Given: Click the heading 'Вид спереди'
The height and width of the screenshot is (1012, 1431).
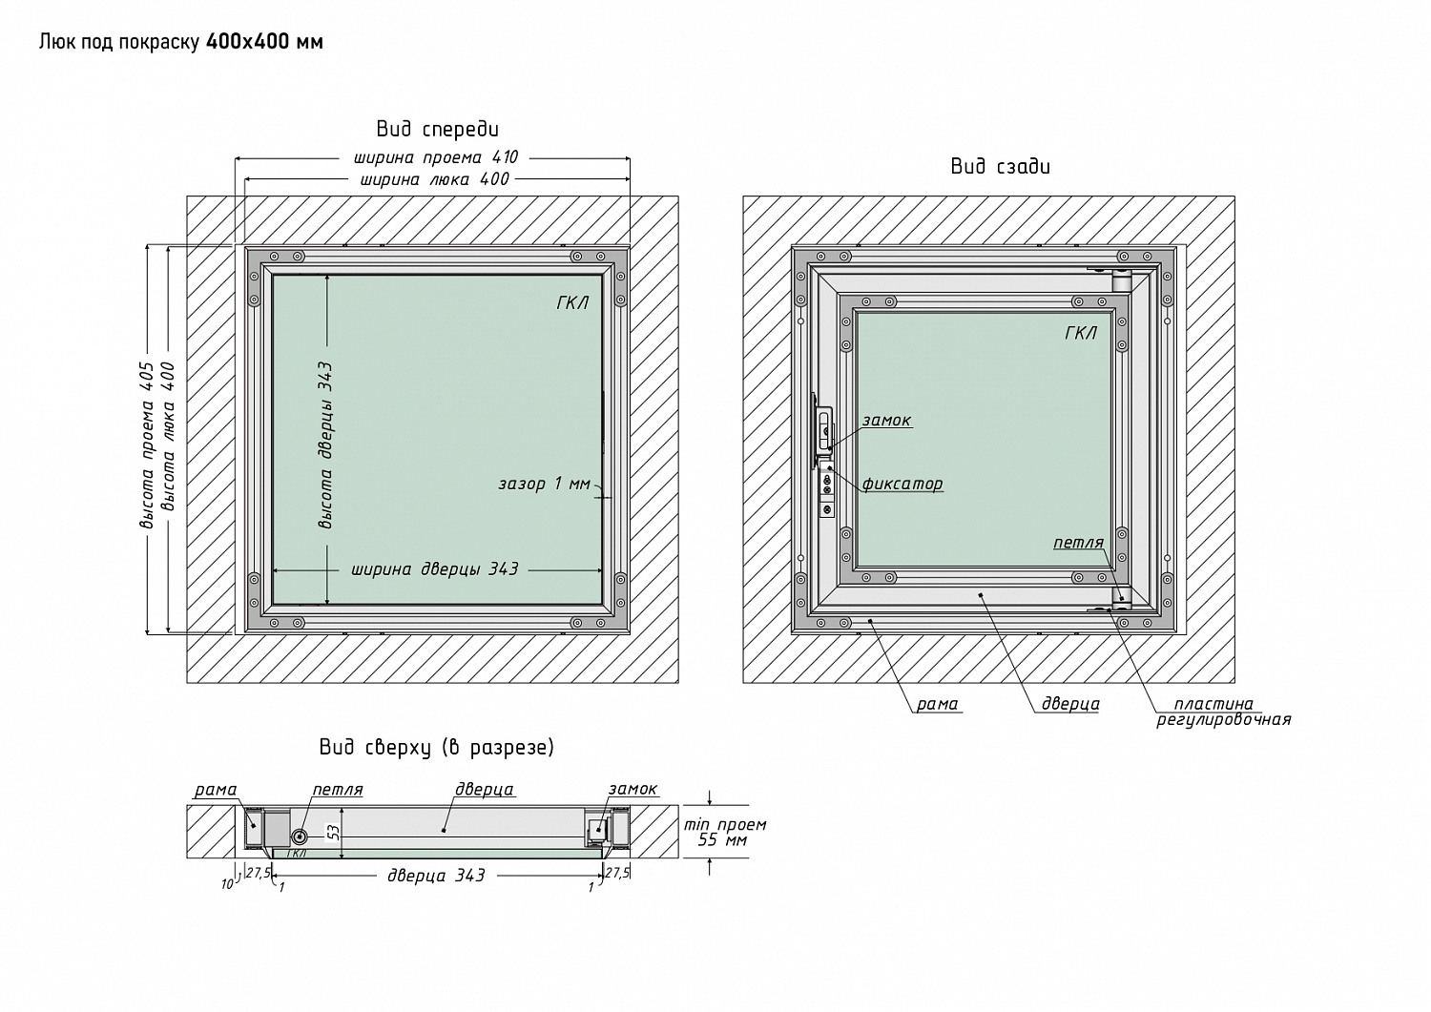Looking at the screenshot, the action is pos(438,129).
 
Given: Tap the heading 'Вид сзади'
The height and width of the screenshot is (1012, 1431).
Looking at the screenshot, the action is pos(1001,166).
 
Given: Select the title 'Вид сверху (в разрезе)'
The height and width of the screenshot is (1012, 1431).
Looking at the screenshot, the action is pos(437,748).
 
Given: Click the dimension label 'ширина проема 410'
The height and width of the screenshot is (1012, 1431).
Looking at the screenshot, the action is pos(436,157).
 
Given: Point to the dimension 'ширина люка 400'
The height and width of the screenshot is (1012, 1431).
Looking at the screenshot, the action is pos(434,179).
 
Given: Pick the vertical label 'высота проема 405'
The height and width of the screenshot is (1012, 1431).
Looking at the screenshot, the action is pos(147,445).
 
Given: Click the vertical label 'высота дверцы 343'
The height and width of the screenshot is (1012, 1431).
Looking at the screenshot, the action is pos(325,445).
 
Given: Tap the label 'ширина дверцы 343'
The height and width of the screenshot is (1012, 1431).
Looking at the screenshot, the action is pos(434,568).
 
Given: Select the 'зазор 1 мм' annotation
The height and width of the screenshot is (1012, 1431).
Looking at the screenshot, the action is pos(545,484).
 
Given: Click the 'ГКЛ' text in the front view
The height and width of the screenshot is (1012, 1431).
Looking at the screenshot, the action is pos(572,302).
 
